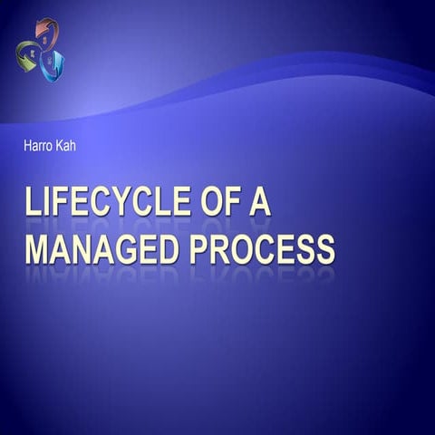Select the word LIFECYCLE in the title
(x=108, y=201)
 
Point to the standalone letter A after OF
(x=259, y=201)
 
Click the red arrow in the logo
(x=45, y=32)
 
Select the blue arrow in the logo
(x=53, y=63)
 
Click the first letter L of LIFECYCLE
(x=34, y=201)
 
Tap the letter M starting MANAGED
(x=37, y=246)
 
